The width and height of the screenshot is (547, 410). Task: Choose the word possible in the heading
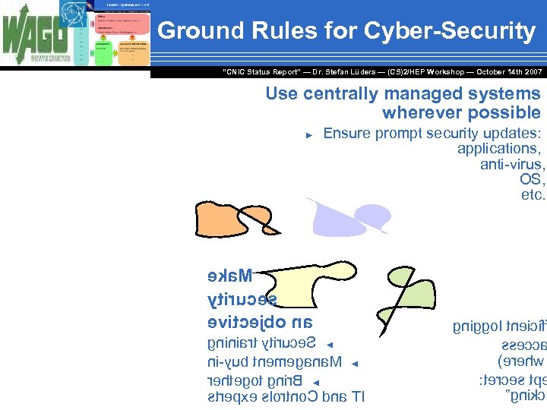point(504,113)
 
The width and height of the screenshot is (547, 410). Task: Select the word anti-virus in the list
point(512,164)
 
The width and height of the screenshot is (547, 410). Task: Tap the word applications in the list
point(498,149)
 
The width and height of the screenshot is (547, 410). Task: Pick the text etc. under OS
point(533,194)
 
